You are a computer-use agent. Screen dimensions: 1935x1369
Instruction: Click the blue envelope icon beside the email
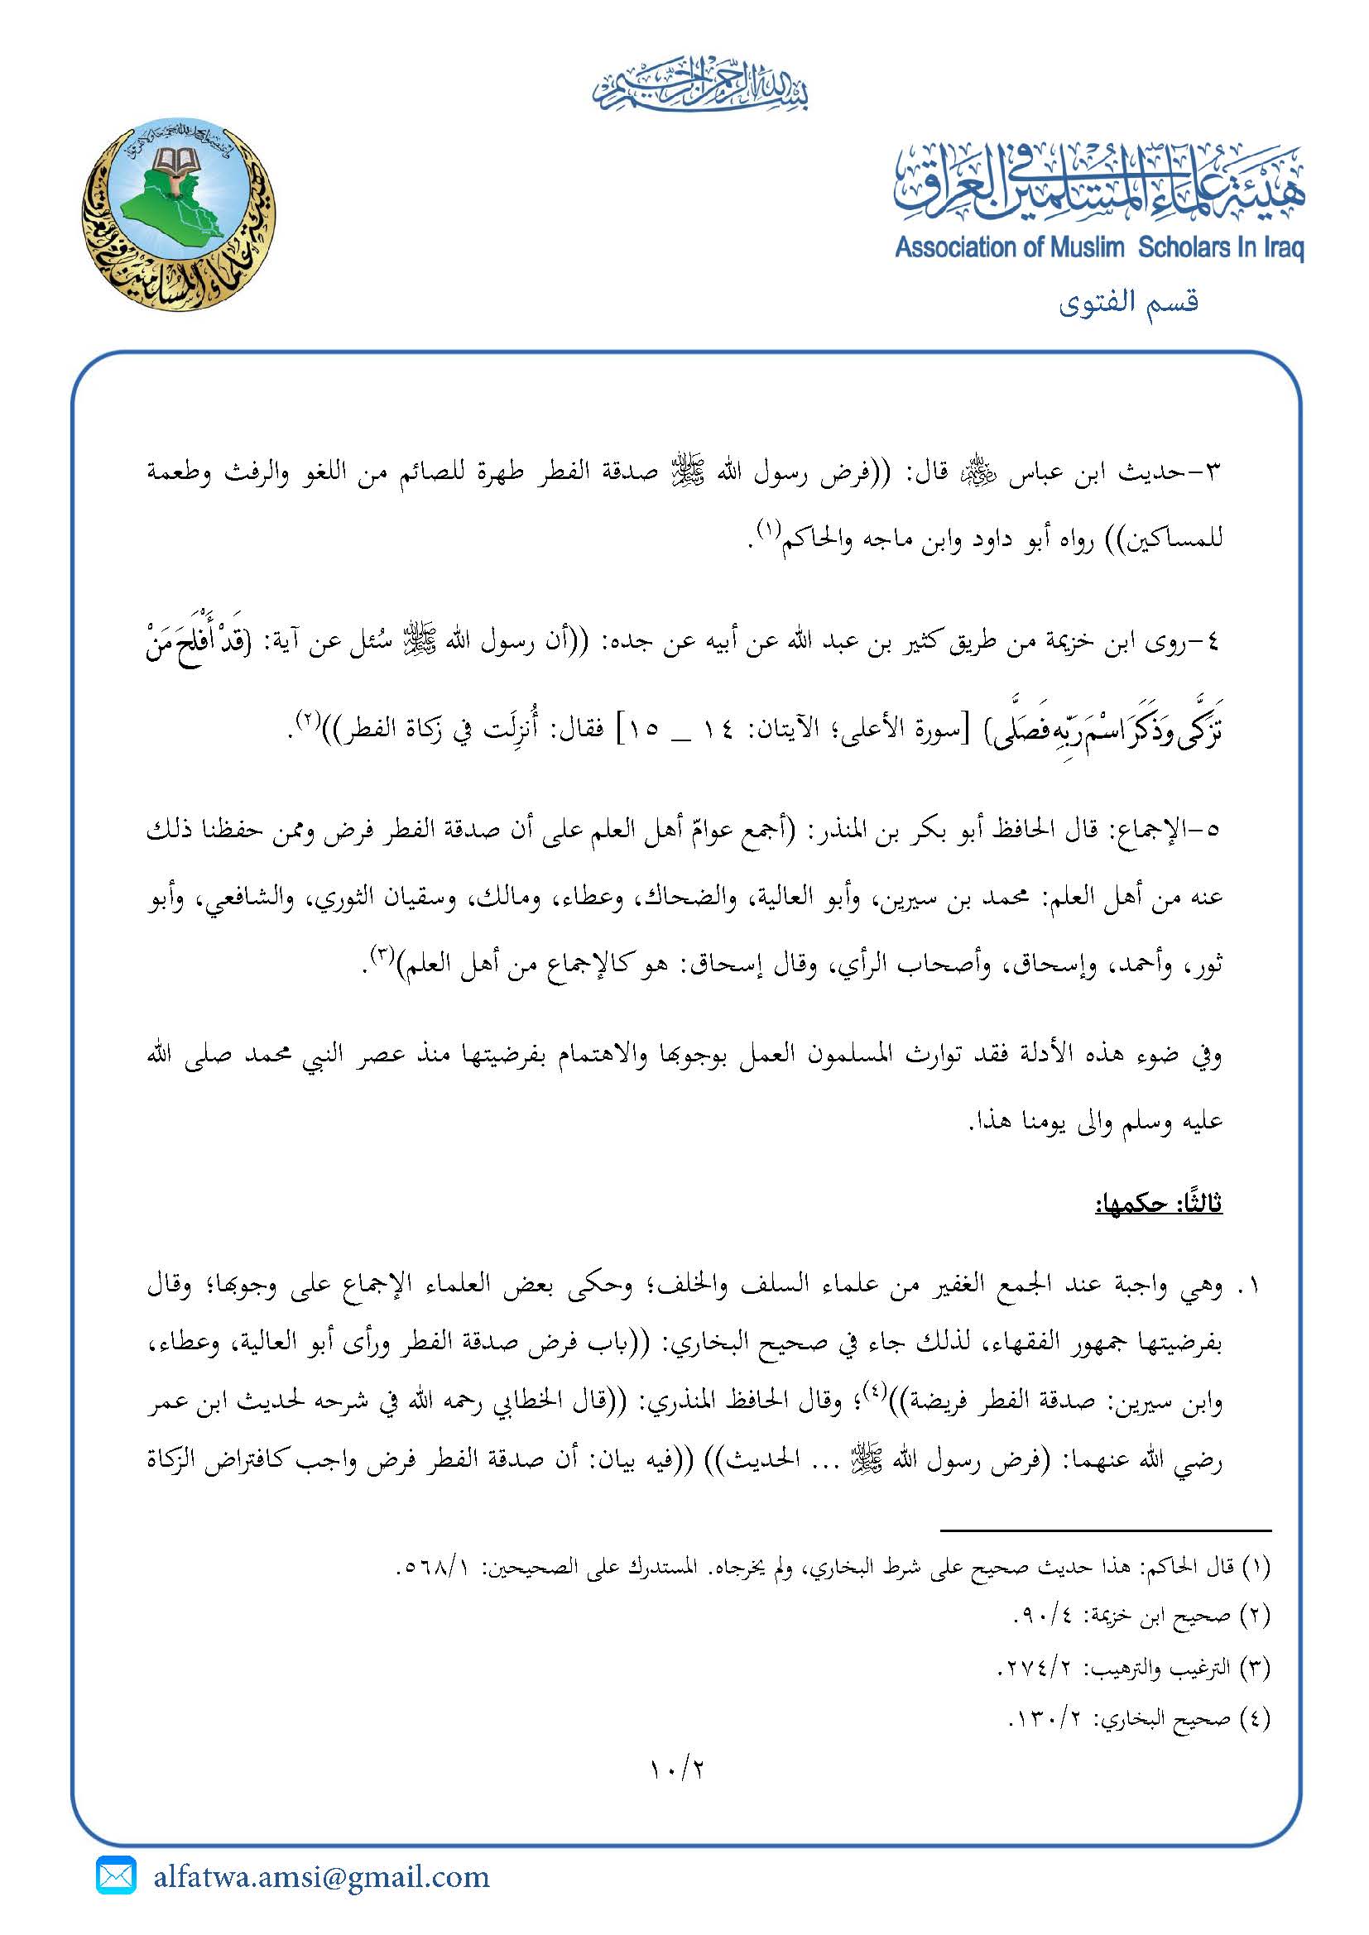click(117, 1876)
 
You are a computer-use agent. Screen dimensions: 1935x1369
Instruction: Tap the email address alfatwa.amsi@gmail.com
click(321, 1877)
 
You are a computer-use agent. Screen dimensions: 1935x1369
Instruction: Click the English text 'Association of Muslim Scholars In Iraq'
click(1099, 248)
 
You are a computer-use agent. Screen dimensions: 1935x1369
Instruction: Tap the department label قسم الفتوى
click(1129, 302)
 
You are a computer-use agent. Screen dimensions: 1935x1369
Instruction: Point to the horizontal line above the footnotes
click(1104, 1530)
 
